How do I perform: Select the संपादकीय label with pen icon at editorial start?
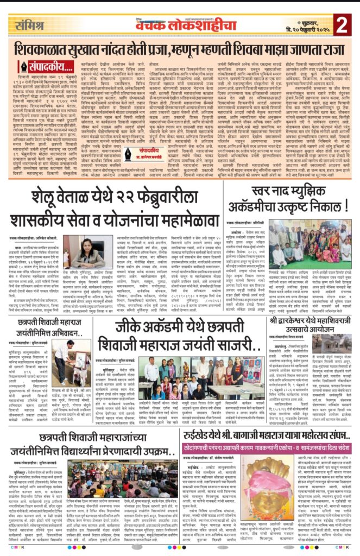[x=39, y=69]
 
